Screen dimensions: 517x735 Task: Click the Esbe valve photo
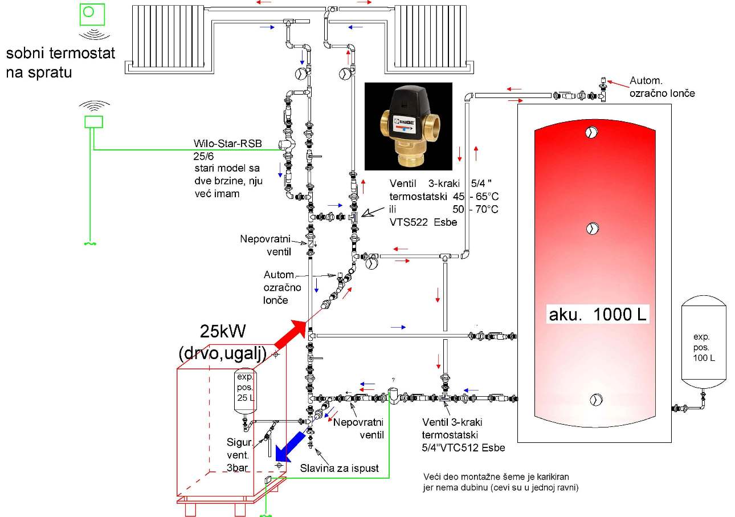coord(408,126)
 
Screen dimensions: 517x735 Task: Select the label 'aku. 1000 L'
coord(598,315)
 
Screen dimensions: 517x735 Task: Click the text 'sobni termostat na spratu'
coord(60,63)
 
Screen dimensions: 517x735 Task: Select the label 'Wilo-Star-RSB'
coord(227,144)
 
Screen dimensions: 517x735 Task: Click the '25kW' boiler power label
coord(223,331)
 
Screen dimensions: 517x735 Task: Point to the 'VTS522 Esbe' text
coord(423,222)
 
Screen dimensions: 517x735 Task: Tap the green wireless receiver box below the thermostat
coord(93,121)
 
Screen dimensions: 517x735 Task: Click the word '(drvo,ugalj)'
coord(222,353)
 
